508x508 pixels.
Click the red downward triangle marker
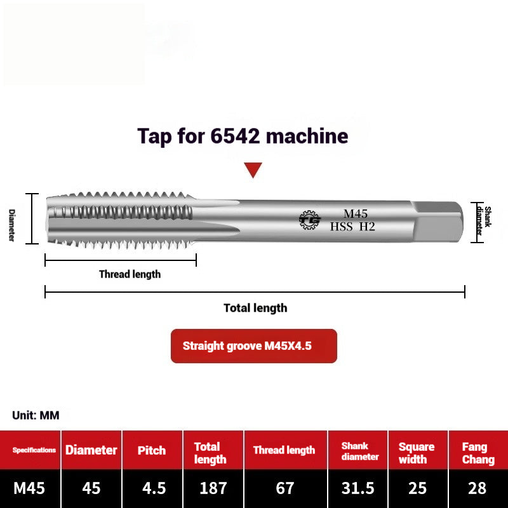click(253, 170)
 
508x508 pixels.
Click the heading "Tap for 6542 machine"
click(243, 136)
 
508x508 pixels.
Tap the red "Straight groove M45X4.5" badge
click(253, 346)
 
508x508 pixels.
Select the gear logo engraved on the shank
click(310, 220)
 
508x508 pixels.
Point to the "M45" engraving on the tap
click(356, 213)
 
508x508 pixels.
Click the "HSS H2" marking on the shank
click(352, 226)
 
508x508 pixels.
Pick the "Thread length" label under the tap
click(130, 274)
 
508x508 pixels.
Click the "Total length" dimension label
click(255, 308)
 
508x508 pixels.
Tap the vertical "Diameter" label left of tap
click(11, 225)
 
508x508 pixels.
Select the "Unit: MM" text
click(36, 415)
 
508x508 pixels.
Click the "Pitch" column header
click(152, 450)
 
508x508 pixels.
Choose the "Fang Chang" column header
click(478, 453)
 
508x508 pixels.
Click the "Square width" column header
click(417, 453)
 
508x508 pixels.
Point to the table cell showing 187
click(213, 488)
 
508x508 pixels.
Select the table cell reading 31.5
click(359, 488)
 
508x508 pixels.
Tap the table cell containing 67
click(285, 488)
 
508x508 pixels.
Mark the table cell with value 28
click(478, 488)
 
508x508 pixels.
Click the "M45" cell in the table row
click(30, 488)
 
